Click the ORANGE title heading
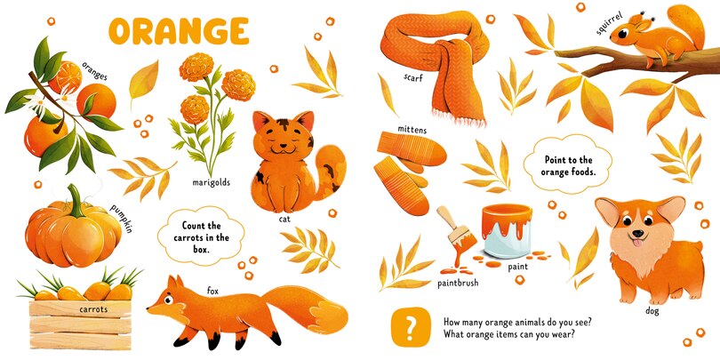pyautogui.click(x=179, y=31)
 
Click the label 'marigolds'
pyautogui.click(x=211, y=183)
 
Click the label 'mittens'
pyautogui.click(x=412, y=130)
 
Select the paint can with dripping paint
pyautogui.click(x=508, y=233)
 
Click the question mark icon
pyautogui.click(x=409, y=328)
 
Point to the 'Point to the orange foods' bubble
pyautogui.click(x=569, y=165)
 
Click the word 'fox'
pyautogui.click(x=212, y=291)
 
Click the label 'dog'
pyautogui.click(x=652, y=311)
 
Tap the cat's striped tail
pyautogui.click(x=334, y=173)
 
